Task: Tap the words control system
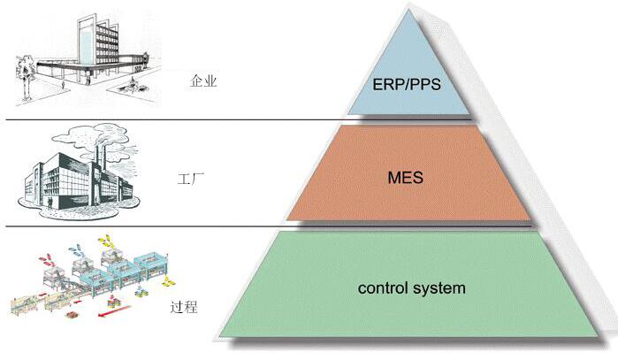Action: (411, 288)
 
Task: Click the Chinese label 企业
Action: (203, 81)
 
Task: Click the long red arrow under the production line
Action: (116, 310)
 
